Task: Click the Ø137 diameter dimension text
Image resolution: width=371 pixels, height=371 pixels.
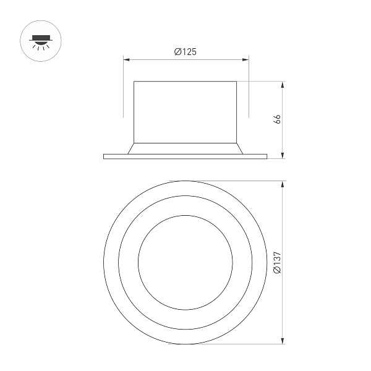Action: coord(277,263)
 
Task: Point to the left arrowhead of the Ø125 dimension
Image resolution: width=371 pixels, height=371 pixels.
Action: coord(126,60)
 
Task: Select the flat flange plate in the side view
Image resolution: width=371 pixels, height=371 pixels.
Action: coord(185,156)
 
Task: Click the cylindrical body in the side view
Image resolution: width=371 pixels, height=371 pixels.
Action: coord(185,111)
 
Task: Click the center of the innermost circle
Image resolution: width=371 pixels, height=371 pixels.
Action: coord(185,262)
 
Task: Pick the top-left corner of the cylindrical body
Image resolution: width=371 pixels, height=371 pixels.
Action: coord(134,81)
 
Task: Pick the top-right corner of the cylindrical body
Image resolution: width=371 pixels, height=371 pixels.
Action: coord(237,81)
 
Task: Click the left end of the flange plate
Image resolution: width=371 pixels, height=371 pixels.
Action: coord(104,156)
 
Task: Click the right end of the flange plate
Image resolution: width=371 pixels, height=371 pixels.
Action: coord(267,156)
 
